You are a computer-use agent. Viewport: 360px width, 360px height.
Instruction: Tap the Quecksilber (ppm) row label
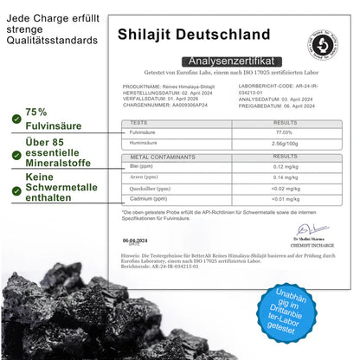click(148, 188)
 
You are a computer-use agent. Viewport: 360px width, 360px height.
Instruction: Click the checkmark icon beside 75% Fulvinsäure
click(17, 118)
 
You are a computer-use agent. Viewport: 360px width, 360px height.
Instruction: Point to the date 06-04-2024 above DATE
click(136, 240)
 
